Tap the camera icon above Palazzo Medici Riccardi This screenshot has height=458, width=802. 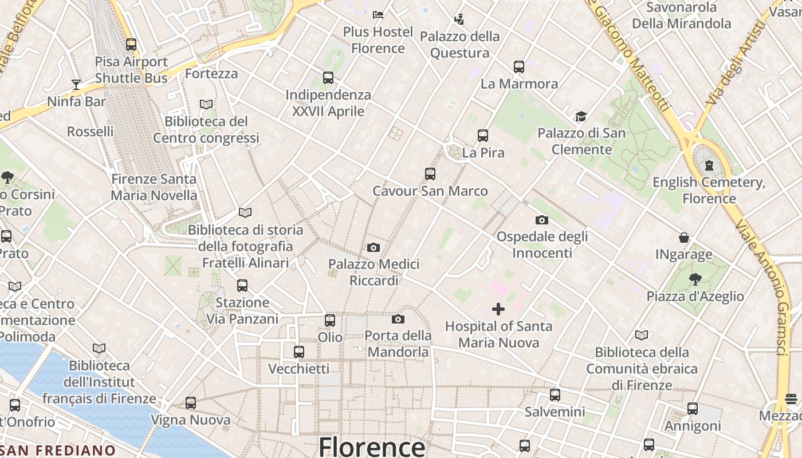pyautogui.click(x=374, y=247)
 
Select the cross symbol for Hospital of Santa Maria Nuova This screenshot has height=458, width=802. pyautogui.click(x=498, y=309)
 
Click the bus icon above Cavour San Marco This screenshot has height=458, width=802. pyautogui.click(x=430, y=174)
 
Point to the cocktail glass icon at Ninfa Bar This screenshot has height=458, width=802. pyautogui.click(x=76, y=85)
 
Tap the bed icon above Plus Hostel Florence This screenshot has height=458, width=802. pyautogui.click(x=378, y=14)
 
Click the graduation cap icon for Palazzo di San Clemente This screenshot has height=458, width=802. pyautogui.click(x=581, y=117)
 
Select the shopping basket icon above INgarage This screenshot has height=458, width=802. pyautogui.click(x=684, y=238)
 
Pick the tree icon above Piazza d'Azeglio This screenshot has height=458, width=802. pyautogui.click(x=695, y=279)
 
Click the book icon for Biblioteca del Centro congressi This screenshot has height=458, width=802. pyautogui.click(x=206, y=105)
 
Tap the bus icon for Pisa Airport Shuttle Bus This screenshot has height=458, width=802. pyautogui.click(x=131, y=45)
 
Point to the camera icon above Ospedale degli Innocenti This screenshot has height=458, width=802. pyautogui.click(x=542, y=220)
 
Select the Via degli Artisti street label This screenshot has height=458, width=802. pyautogui.click(x=736, y=63)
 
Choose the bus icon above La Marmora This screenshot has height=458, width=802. pyautogui.click(x=519, y=67)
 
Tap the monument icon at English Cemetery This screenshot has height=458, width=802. pyautogui.click(x=710, y=166)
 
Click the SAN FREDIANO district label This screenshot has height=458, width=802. pyautogui.click(x=57, y=451)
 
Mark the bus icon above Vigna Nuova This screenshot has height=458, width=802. pyautogui.click(x=191, y=403)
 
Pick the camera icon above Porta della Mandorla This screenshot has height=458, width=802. pyautogui.click(x=398, y=319)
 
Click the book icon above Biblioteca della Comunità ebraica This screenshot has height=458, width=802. pyautogui.click(x=642, y=335)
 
